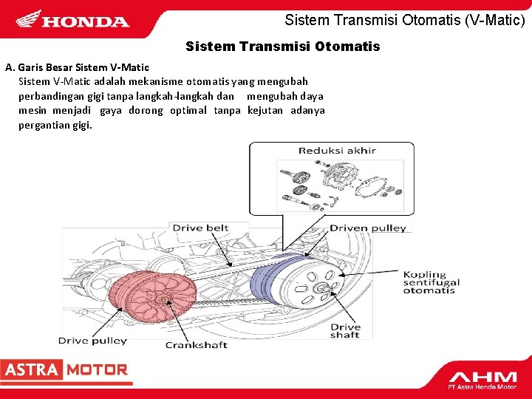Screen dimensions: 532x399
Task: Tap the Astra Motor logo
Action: pos(65,370)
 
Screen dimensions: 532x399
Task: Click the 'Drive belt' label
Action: pos(200,228)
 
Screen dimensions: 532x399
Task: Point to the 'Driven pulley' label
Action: pos(368,228)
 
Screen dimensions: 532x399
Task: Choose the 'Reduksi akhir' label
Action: pos(337,151)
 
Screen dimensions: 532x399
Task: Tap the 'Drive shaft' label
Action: pos(345,330)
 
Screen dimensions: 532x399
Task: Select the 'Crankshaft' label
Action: pos(196,344)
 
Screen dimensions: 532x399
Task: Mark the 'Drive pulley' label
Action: pos(92,341)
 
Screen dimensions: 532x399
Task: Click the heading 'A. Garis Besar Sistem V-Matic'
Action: pos(77,67)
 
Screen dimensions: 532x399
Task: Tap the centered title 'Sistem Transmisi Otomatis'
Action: pos(283,47)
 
